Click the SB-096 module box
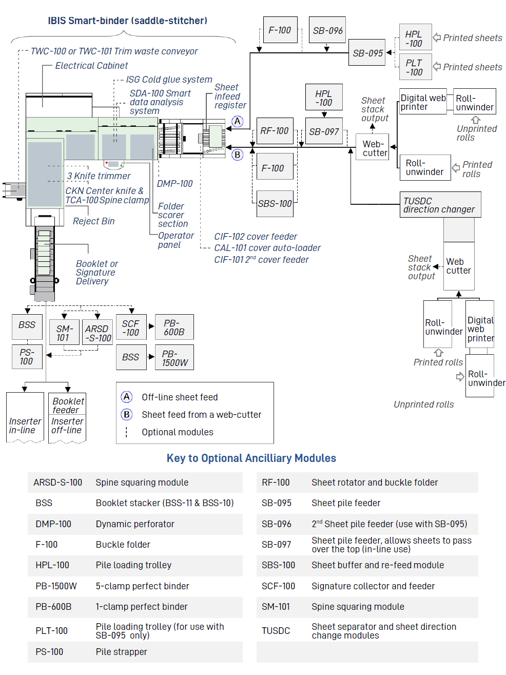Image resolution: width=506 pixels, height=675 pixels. pos(327,30)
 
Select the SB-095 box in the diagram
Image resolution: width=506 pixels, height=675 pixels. pos(367,52)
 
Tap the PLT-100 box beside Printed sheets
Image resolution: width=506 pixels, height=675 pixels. pos(415,67)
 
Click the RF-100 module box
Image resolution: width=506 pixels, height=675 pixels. pos(275,131)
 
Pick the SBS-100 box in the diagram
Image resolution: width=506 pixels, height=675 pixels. pos(275,204)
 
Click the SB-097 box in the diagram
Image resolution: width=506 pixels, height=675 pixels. pos(324,131)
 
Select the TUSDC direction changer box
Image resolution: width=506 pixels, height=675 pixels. pos(440,205)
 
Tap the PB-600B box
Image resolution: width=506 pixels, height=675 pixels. pos(174,327)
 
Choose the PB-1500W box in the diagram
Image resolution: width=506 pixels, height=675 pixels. pos(174,357)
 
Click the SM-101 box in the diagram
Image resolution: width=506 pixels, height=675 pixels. pos(64,332)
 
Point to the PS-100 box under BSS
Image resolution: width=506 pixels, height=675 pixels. pos(27,357)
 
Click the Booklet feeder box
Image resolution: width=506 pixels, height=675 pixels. pos(67,406)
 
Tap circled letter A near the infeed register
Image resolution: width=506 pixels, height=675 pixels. pos(237,122)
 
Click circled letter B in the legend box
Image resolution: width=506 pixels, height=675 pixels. pos(127,415)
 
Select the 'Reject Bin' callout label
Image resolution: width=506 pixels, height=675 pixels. pos(94,221)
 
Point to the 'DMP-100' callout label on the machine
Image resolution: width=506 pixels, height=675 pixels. pos(174,184)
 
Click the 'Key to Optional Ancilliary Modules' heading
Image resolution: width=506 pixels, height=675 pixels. pos(251,458)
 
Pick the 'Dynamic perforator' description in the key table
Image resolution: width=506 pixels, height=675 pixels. pos(135,524)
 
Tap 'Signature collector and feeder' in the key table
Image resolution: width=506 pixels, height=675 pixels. pos(373,586)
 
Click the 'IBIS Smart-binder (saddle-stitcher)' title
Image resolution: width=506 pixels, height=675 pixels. pos(128,21)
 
